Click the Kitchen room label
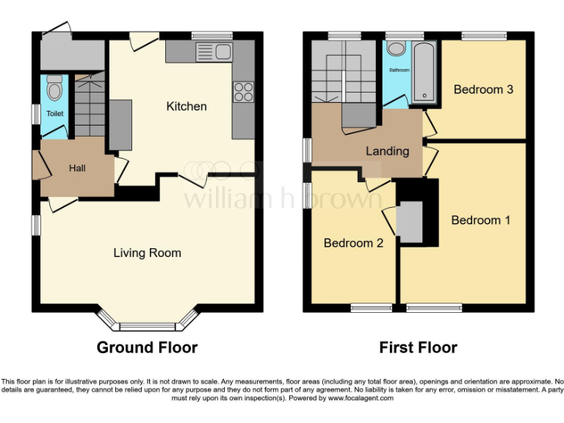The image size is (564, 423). coord(187,106)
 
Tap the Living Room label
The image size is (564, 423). coord(147,253)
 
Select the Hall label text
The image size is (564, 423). coord(77,169)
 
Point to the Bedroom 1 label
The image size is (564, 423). coord(481,220)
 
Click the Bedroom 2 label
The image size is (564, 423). coord(354,243)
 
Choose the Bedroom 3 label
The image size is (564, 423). coord(482,90)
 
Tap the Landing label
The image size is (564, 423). coord(387,151)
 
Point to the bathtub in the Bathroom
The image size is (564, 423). coord(425,73)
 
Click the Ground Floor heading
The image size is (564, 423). coord(147,347)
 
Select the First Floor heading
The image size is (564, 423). coord(418,347)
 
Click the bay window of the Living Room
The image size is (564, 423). coord(148,323)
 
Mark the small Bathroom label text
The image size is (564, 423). coord(399,70)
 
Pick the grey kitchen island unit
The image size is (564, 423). coord(120,125)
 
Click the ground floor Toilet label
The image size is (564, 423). coord(55,114)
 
